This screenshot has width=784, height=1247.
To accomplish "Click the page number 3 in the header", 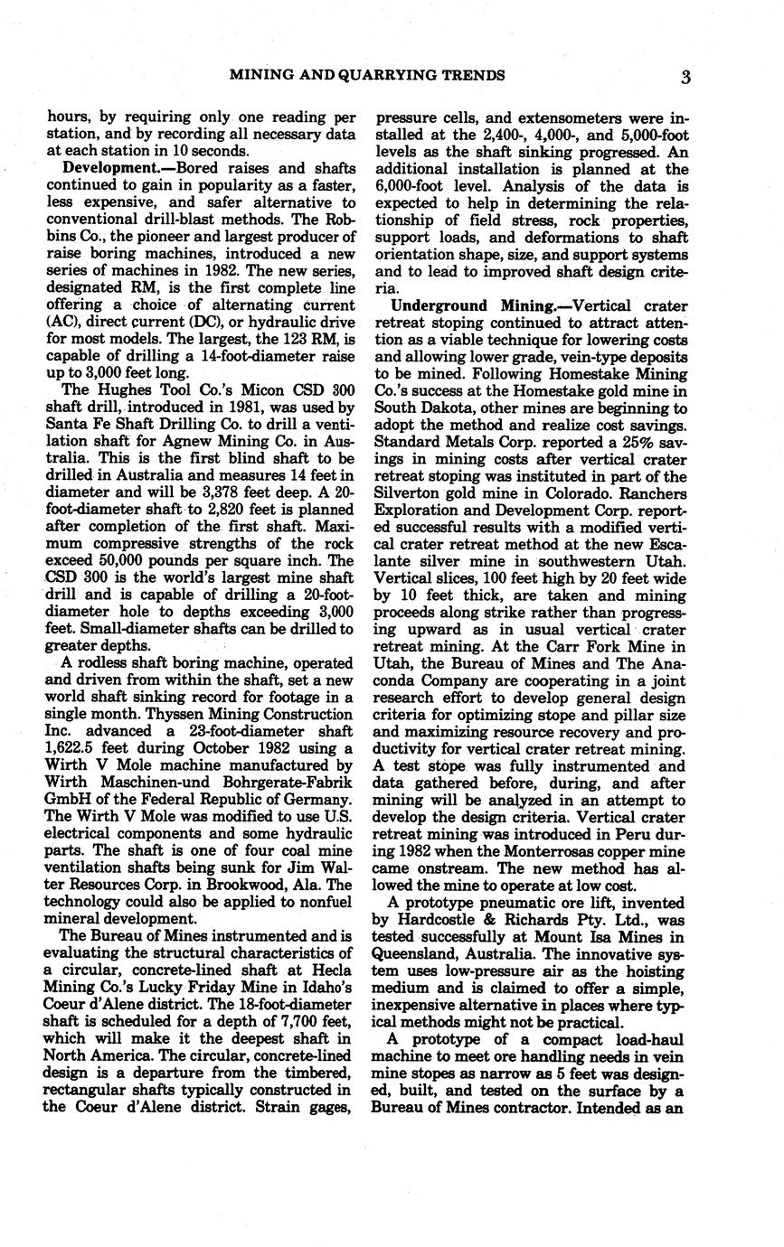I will tap(686, 77).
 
